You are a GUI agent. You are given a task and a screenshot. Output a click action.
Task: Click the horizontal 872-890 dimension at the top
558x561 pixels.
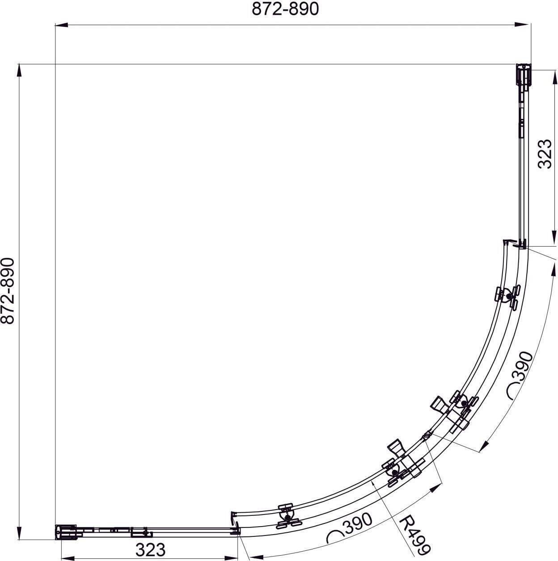pyautogui.click(x=285, y=9)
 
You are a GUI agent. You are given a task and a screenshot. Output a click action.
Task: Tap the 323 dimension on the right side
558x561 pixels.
pyautogui.click(x=544, y=154)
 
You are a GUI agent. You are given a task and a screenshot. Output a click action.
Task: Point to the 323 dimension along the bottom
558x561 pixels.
pyautogui.click(x=151, y=541)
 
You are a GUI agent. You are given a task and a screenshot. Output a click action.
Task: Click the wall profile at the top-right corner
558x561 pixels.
pyautogui.click(x=523, y=75)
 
